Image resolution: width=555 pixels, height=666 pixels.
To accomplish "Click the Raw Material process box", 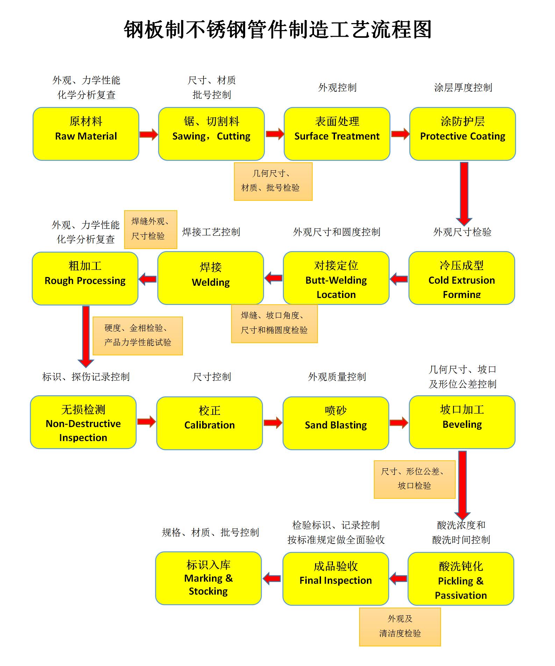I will click(x=86, y=134).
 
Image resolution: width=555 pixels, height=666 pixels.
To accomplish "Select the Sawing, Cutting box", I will click(x=211, y=134).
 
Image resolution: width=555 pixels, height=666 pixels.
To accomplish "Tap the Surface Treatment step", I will click(x=337, y=134).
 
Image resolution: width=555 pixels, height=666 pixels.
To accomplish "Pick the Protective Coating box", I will click(x=462, y=134).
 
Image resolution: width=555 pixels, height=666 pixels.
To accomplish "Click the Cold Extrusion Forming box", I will click(x=462, y=278).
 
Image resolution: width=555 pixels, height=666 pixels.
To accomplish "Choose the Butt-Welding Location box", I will click(x=336, y=278).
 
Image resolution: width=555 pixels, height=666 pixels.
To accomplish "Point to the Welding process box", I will click(x=211, y=278).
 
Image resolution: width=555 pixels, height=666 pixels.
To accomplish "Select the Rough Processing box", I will click(x=85, y=278).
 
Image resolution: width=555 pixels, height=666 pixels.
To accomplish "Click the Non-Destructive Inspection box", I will click(x=83, y=422).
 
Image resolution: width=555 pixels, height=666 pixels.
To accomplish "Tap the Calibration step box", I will click(x=209, y=423).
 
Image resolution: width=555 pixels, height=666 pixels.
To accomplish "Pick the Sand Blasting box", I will click(x=336, y=423).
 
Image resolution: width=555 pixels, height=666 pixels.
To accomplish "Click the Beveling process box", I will click(x=462, y=422).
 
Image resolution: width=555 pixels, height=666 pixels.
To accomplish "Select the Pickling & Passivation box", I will click(x=461, y=579).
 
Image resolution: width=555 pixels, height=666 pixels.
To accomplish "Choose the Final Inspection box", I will click(x=335, y=579).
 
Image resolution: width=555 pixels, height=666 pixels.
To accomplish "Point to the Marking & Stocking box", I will click(x=208, y=578).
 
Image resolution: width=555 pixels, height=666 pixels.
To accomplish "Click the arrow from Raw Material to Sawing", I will click(x=149, y=134).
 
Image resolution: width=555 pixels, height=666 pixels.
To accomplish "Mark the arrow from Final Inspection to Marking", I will click(x=272, y=579).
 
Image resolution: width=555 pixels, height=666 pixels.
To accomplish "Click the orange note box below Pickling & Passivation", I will click(x=400, y=627).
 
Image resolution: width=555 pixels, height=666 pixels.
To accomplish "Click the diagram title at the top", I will click(x=278, y=29).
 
